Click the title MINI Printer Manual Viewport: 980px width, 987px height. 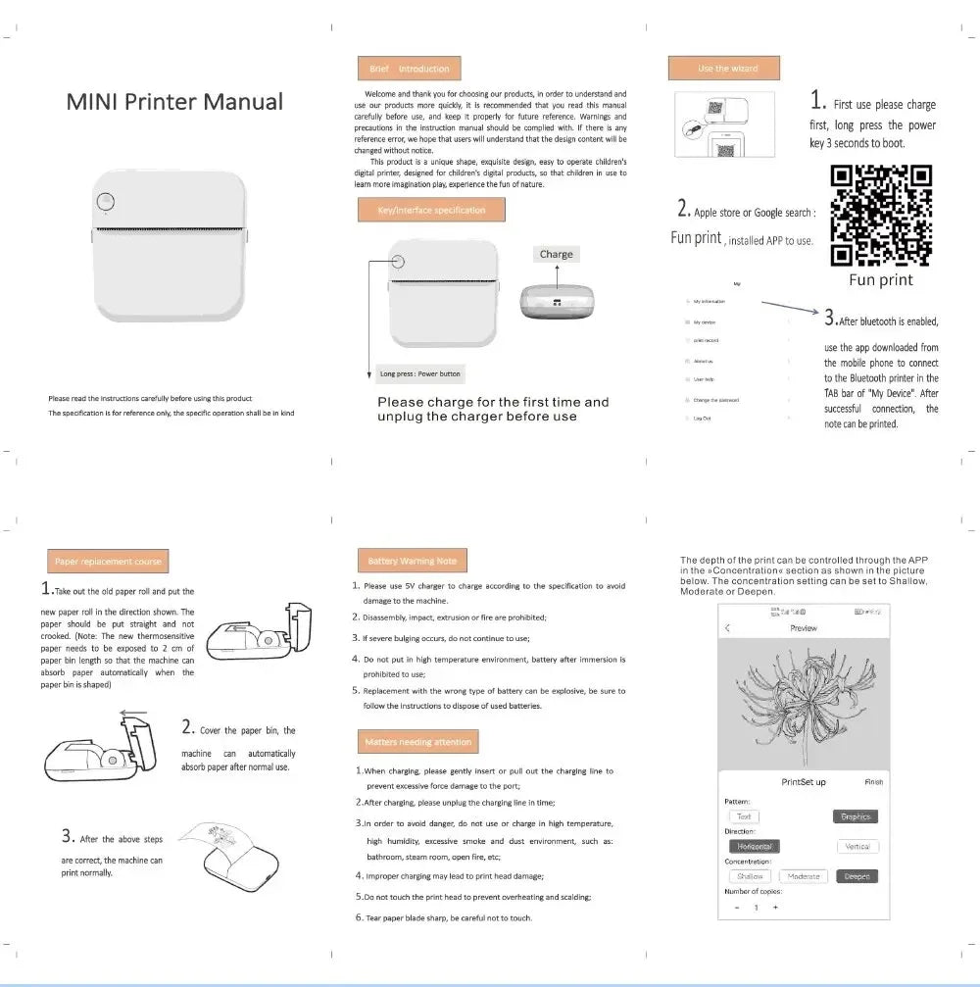pyautogui.click(x=174, y=102)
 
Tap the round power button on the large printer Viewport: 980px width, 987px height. pyautogui.click(x=108, y=202)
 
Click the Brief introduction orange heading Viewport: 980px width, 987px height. pyautogui.click(x=410, y=69)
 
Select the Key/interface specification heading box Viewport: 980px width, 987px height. pyautogui.click(x=432, y=210)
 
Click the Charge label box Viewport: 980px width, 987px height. pyautogui.click(x=556, y=254)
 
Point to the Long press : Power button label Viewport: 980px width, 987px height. pyautogui.click(x=419, y=373)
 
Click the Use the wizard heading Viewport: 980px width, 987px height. pyautogui.click(x=727, y=69)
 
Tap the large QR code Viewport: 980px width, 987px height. pyautogui.click(x=881, y=216)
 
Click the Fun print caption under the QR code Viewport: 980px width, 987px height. pyautogui.click(x=881, y=280)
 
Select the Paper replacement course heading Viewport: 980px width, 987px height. pyautogui.click(x=107, y=562)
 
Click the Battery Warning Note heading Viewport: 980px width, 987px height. pyautogui.click(x=412, y=562)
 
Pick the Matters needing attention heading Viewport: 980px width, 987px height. pyautogui.click(x=418, y=742)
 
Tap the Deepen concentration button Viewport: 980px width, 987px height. pyautogui.click(x=857, y=876)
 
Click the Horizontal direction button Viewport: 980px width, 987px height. pyautogui.click(x=755, y=846)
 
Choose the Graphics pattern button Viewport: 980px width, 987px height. pyautogui.click(x=857, y=816)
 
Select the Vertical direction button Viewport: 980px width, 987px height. pyautogui.click(x=857, y=846)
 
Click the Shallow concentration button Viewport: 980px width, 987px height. pyautogui.click(x=750, y=876)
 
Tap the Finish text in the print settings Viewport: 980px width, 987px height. pyautogui.click(x=873, y=782)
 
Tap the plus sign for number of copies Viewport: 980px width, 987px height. pyautogui.click(x=775, y=907)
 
